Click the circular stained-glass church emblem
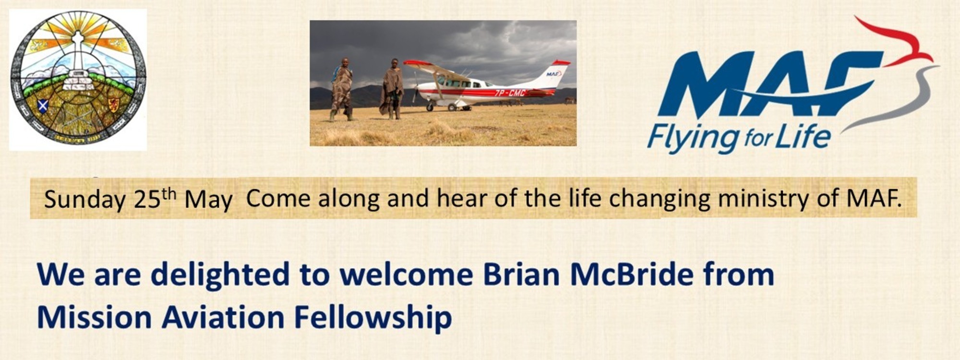(x=78, y=79)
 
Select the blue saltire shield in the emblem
(x=42, y=105)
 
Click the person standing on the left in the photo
(x=342, y=89)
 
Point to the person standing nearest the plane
(x=392, y=89)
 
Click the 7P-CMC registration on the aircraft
(x=510, y=92)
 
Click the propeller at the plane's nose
(x=416, y=89)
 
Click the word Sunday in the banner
(x=85, y=199)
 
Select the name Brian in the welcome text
(x=521, y=275)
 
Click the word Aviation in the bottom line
(x=223, y=317)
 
